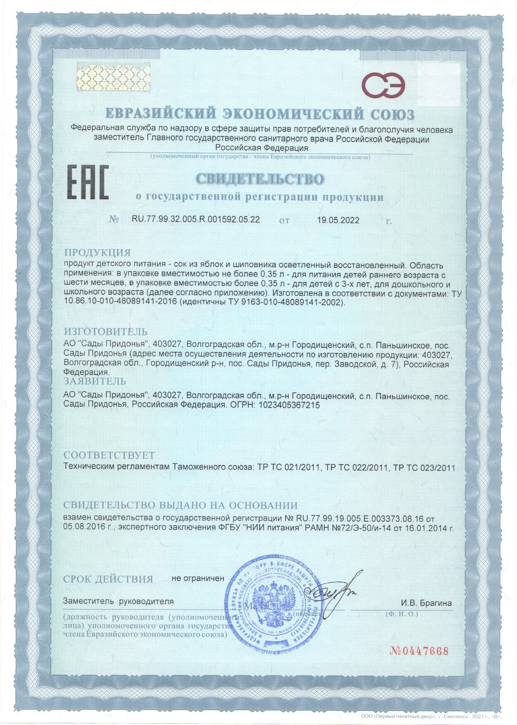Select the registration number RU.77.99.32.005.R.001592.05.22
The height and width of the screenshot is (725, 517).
coord(196,219)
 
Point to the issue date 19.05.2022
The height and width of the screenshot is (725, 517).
coord(338,220)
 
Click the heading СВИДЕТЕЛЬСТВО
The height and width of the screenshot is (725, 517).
coord(259,179)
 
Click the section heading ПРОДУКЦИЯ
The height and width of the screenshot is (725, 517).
coord(97,253)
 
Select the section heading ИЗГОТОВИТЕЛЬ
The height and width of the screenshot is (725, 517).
coord(105,331)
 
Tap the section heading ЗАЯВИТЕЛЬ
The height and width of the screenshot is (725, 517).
coord(95,381)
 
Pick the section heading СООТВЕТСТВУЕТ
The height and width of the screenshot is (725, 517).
coord(109,455)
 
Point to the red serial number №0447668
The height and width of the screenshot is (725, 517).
coord(419,651)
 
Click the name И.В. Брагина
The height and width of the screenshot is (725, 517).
coord(426,603)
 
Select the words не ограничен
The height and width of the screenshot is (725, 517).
coord(198,578)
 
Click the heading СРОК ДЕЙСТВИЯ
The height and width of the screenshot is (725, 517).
coord(108,579)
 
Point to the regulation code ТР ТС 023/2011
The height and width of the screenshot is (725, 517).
coord(424,468)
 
